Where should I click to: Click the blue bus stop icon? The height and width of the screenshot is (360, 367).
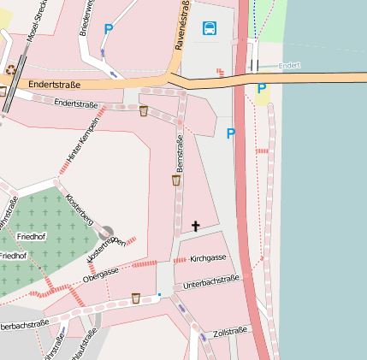click(210, 28)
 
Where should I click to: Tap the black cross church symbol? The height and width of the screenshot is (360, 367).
click(196, 227)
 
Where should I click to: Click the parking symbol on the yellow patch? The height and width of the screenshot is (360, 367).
click(262, 88)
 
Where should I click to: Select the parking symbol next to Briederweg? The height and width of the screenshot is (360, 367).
click(109, 29)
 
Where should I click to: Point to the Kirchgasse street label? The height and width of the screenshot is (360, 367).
click(208, 257)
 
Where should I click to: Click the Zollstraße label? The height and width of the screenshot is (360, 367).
click(230, 331)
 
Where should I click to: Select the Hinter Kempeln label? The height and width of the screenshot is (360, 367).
click(83, 140)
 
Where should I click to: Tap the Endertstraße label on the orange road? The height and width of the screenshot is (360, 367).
click(53, 86)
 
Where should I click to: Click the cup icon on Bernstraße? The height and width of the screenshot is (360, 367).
click(176, 180)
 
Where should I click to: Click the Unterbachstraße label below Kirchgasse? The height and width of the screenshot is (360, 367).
click(210, 280)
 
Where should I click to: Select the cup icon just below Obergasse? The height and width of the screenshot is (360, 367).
click(135, 298)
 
